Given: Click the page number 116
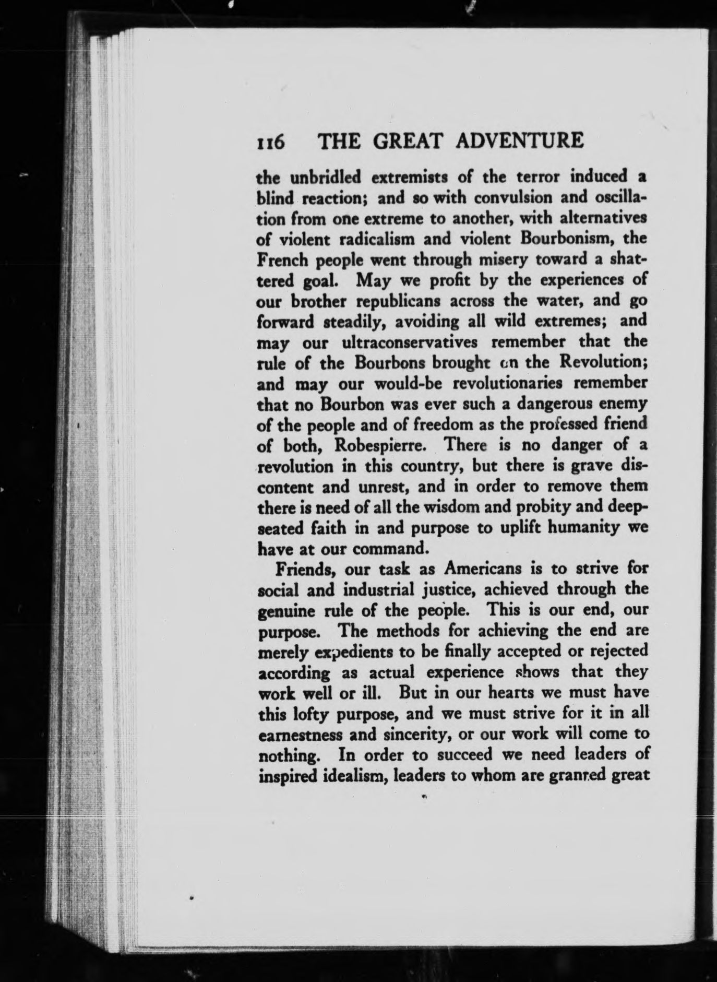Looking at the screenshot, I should point(270,142).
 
